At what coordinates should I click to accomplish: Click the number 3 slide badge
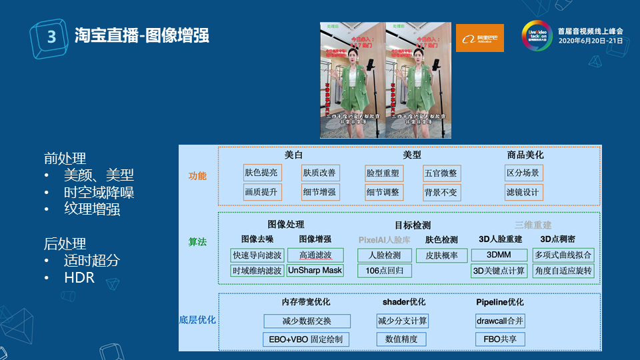pos(50,37)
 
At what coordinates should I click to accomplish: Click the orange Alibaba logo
pos(479,38)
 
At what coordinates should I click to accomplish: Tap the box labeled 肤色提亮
pos(261,173)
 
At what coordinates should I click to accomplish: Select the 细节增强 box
pos(319,193)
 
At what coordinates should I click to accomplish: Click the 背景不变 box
pos(441,193)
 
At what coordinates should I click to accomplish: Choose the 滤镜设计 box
pos(523,193)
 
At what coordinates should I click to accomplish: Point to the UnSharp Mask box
pos(315,271)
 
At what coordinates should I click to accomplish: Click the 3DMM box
pos(499,255)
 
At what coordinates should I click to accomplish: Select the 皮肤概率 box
pos(441,255)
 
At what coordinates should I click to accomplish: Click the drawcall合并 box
pos(500,321)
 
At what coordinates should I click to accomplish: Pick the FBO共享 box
pos(500,339)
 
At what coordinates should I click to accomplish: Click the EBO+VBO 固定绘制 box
pos(307,339)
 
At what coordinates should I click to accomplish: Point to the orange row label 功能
pos(197,177)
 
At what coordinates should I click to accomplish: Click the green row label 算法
pos(197,243)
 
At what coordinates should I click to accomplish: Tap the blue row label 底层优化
pos(197,320)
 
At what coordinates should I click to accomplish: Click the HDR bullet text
pos(79,278)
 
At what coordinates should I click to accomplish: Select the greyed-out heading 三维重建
pos(533,225)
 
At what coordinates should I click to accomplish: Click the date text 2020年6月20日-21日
pos(590,41)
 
